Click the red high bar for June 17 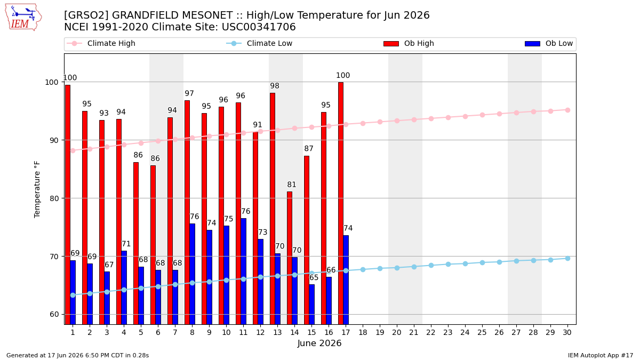(x=341, y=203)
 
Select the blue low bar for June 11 (x=243, y=271)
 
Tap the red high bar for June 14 (x=290, y=258)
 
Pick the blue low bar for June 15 (x=311, y=305)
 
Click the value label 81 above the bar (x=291, y=185)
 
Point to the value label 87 (x=309, y=149)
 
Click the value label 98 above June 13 (x=275, y=86)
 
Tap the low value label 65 (x=314, y=277)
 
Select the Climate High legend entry (x=101, y=43)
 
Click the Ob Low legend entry (x=549, y=43)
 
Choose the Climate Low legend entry (x=259, y=43)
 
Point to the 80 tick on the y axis (x=54, y=198)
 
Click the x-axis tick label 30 (x=567, y=332)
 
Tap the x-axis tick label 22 (x=430, y=332)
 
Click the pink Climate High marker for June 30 (x=567, y=110)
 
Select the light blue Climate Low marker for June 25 (x=482, y=262)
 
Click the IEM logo (x=23, y=18)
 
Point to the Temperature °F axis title (x=37, y=189)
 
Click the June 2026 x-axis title (x=319, y=343)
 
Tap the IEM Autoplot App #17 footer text (x=601, y=355)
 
